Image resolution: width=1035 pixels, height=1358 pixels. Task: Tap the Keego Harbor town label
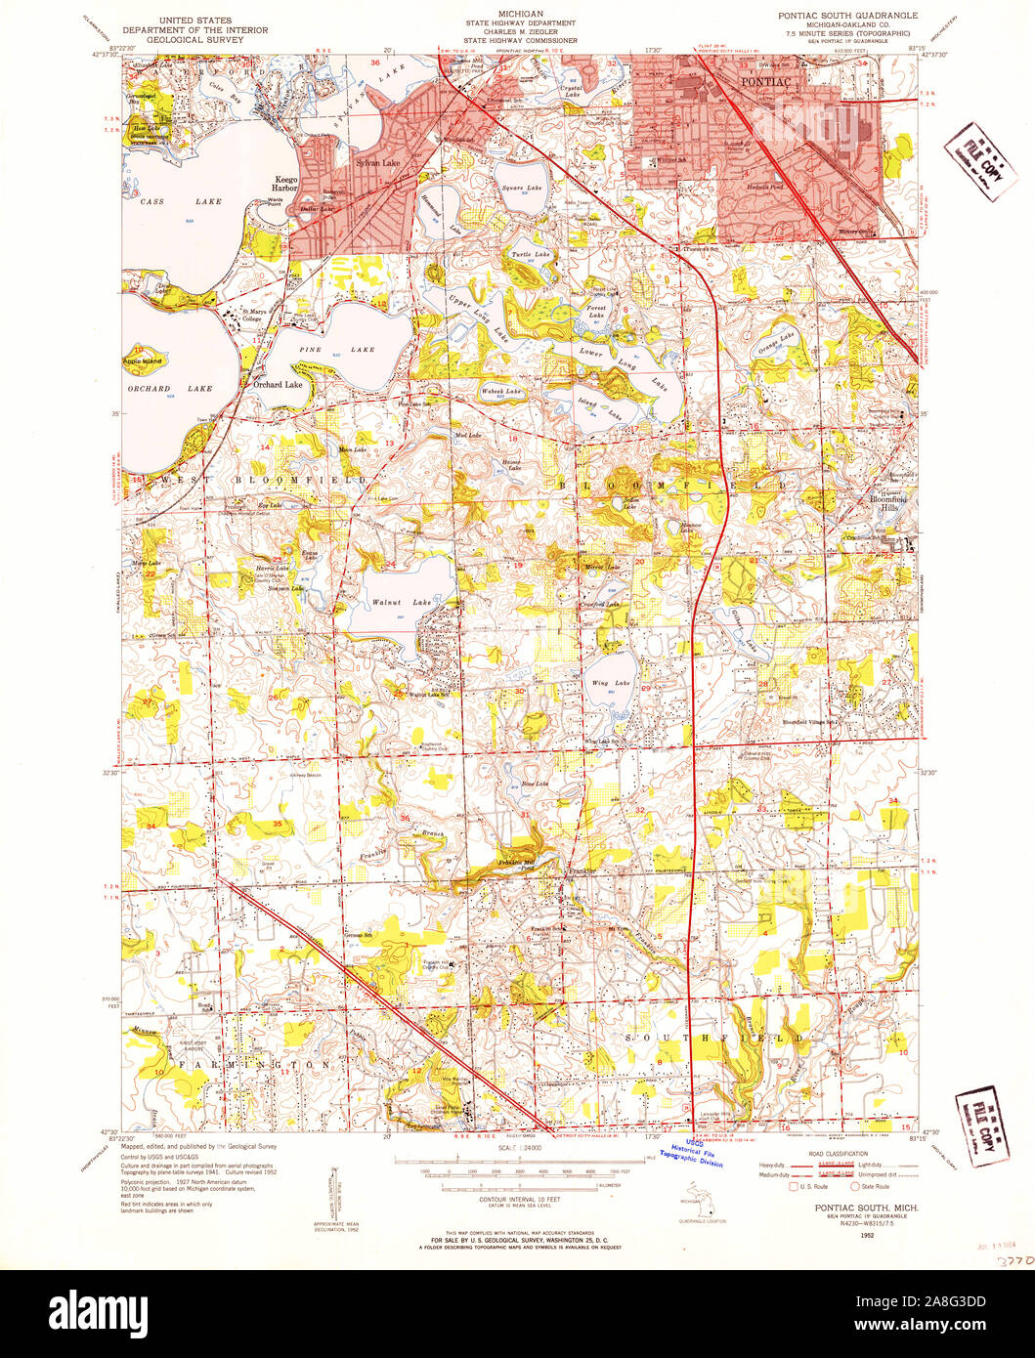click(x=284, y=185)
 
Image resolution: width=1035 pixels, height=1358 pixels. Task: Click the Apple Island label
click(x=142, y=361)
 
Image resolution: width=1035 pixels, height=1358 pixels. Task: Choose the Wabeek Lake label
click(x=499, y=392)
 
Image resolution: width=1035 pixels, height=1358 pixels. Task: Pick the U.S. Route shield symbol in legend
click(x=793, y=1186)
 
